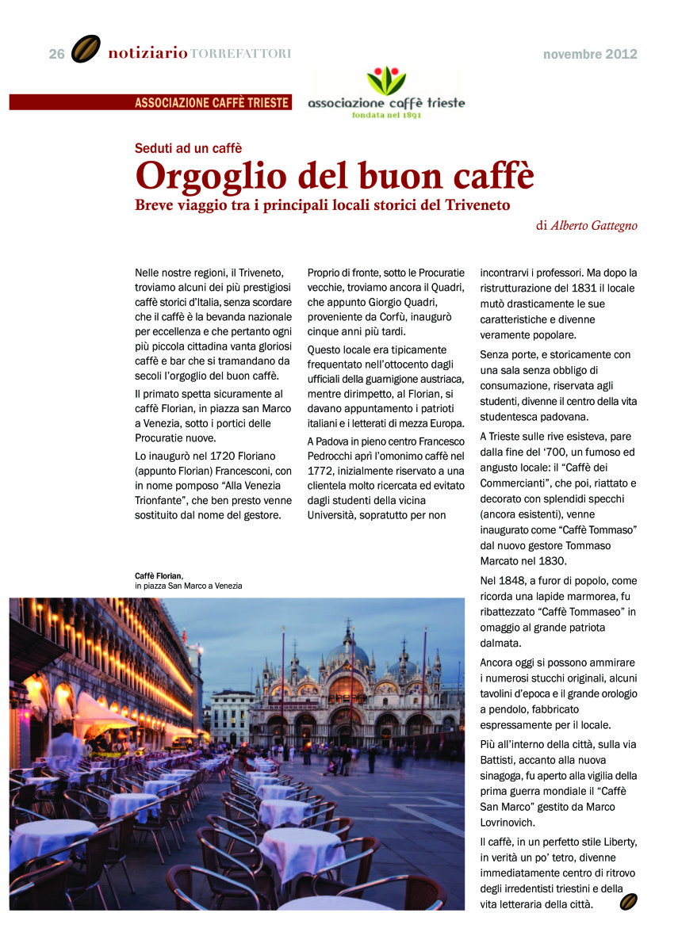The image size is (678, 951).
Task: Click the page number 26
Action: pos(56,54)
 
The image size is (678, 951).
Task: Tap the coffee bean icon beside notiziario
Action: pos(86,49)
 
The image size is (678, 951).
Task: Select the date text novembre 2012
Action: pos(590,55)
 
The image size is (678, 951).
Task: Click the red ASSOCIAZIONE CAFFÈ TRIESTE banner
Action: pos(212,102)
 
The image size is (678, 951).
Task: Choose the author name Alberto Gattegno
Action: pos(594,225)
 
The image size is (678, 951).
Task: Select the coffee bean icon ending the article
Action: pos(628,902)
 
